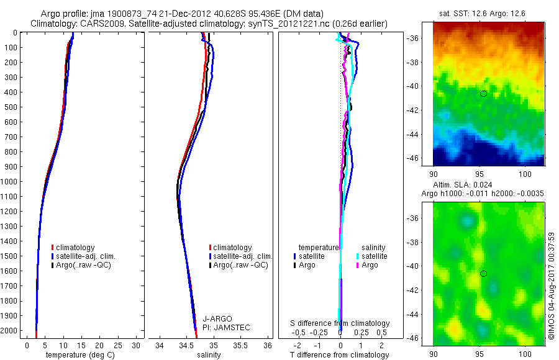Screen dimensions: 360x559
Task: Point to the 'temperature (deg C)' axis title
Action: (78, 355)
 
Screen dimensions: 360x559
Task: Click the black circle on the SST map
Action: (483, 94)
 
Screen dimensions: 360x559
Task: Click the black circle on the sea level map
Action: (483, 274)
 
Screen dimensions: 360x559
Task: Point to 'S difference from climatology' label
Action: (340, 323)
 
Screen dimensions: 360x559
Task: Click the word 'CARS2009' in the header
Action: (98, 24)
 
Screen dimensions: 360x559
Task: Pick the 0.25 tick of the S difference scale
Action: (361, 333)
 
